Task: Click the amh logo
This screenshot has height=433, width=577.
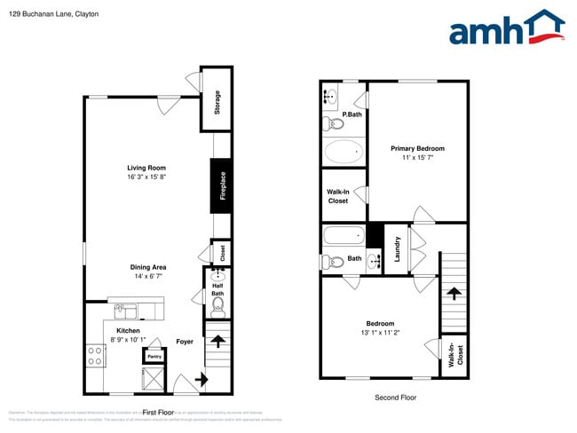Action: (506, 28)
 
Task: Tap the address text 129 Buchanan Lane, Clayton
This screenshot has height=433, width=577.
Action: (53, 14)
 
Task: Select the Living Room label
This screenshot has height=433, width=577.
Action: (146, 168)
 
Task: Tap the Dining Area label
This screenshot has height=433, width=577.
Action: (148, 267)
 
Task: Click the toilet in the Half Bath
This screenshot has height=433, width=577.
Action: (217, 305)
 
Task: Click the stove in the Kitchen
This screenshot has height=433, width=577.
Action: (94, 357)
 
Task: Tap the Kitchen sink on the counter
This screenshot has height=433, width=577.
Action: (124, 311)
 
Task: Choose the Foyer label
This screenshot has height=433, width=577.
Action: (185, 342)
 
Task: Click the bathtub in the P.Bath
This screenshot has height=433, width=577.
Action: (344, 152)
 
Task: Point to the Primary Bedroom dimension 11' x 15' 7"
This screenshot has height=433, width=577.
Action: (417, 157)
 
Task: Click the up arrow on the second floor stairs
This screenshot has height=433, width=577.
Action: (454, 294)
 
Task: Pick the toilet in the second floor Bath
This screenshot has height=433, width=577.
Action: (331, 261)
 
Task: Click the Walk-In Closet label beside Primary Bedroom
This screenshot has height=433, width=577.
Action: (338, 196)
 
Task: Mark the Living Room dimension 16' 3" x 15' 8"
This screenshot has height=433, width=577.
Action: (146, 177)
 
